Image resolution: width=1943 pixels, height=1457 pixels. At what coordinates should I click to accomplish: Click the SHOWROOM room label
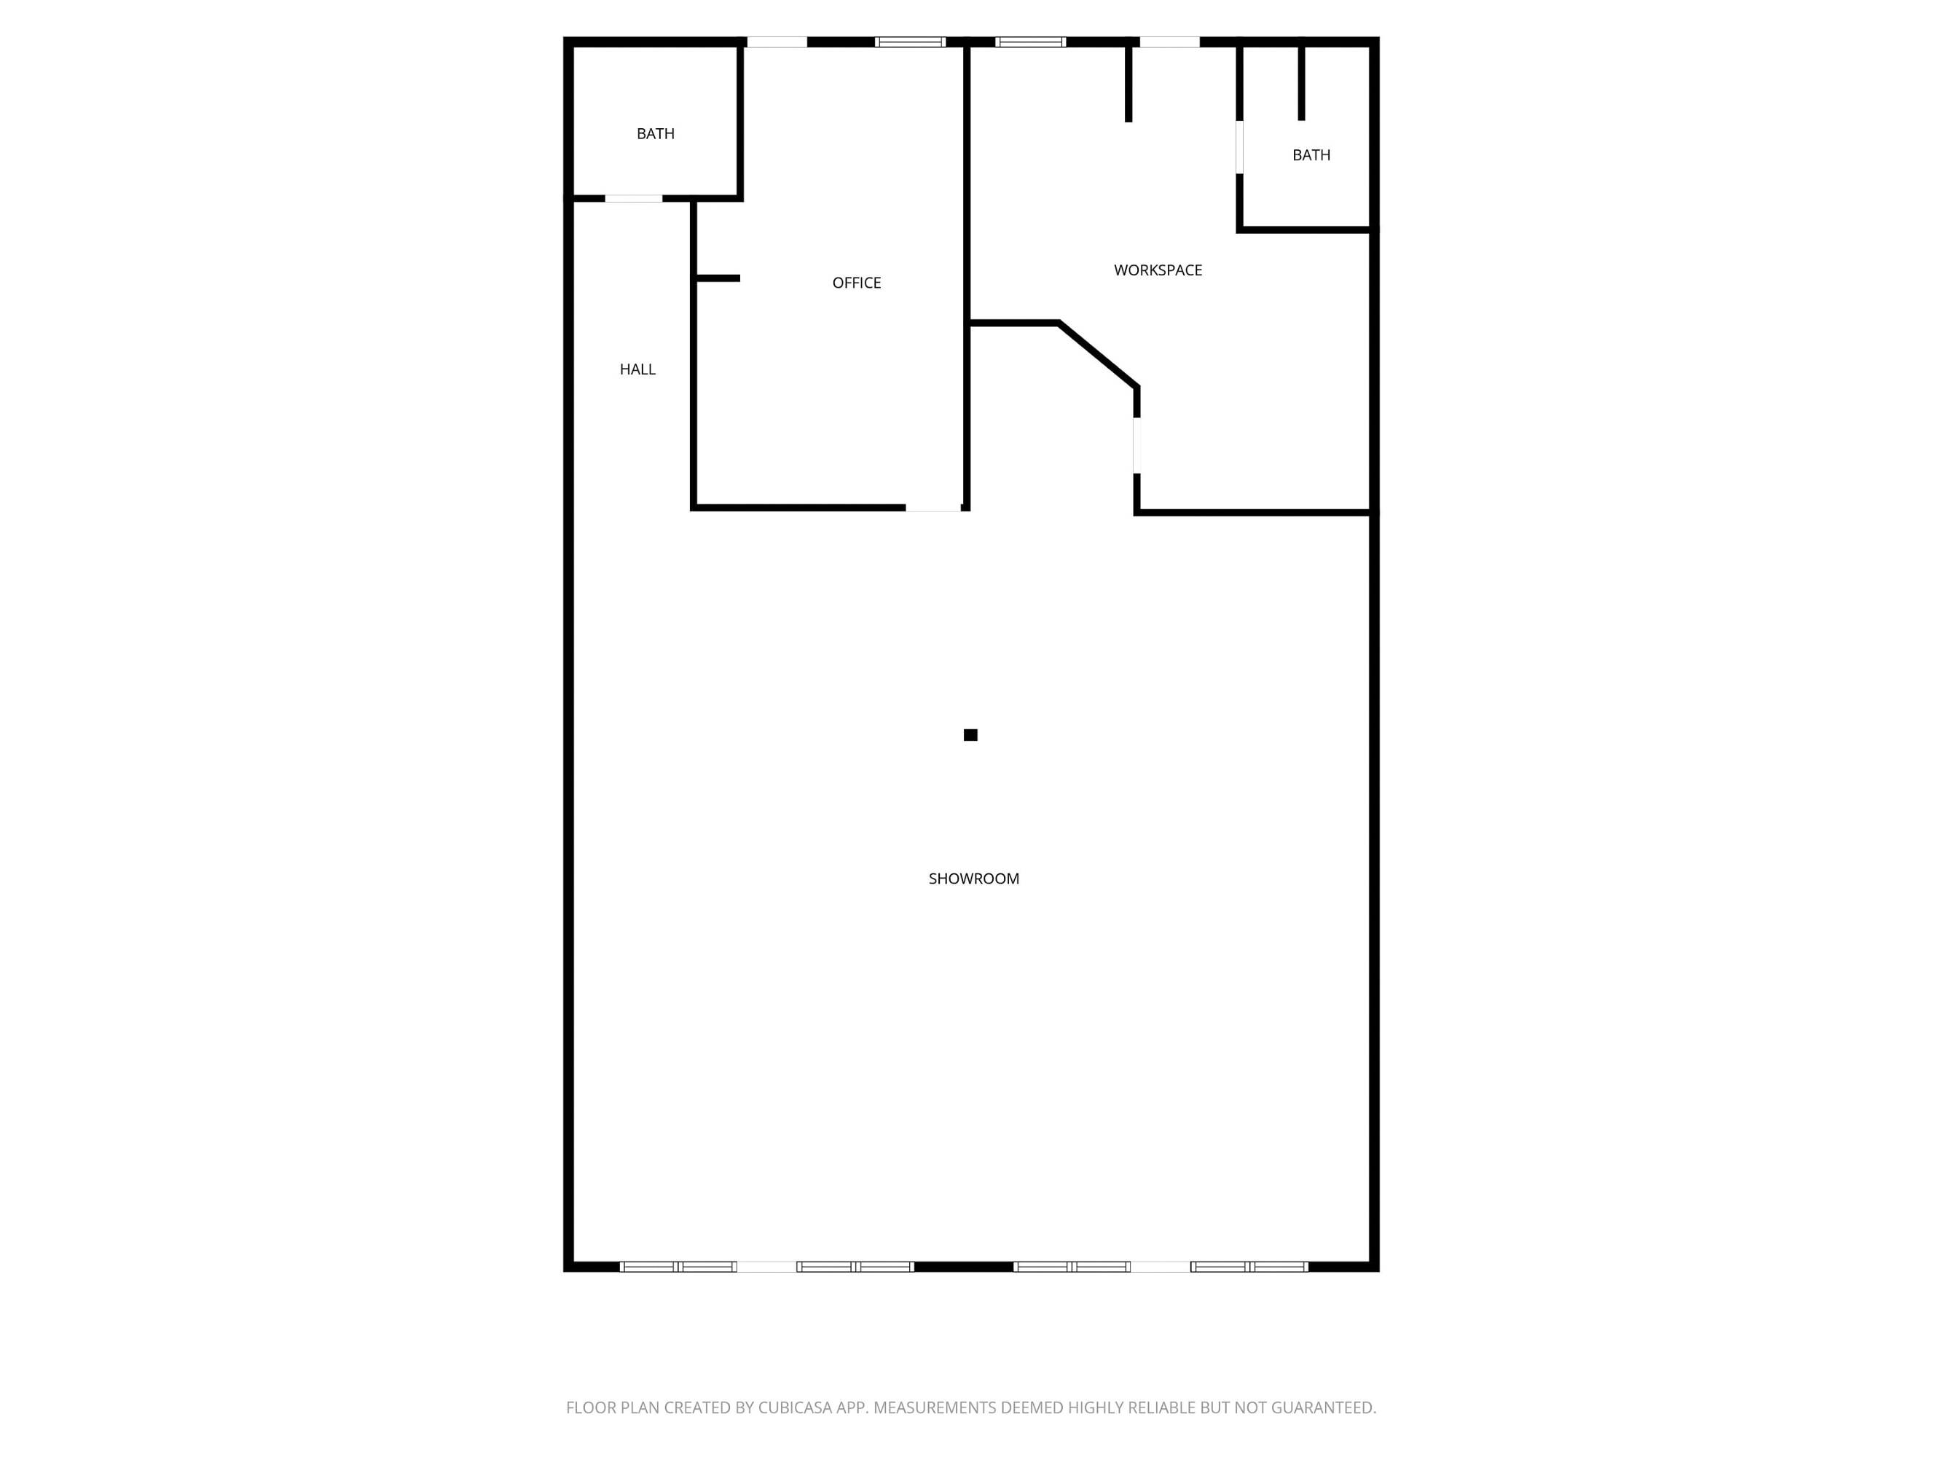973,879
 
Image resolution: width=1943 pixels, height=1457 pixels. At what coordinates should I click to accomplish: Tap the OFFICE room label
857,283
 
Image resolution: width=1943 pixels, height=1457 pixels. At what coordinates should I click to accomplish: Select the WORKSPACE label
1158,270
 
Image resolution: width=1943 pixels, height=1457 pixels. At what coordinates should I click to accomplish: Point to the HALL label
637,370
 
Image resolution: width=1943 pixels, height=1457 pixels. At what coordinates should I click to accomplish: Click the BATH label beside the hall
655,133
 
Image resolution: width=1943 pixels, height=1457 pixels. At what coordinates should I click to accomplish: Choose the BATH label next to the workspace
1311,155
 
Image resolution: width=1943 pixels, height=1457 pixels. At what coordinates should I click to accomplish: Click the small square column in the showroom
970,735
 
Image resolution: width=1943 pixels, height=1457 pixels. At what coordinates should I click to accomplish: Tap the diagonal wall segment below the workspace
1099,355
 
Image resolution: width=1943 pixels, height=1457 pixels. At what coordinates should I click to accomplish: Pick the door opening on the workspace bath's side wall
1239,148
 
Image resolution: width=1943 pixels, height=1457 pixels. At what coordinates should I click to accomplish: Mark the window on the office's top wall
910,42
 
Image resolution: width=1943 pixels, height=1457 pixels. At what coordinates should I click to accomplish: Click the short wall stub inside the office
718,278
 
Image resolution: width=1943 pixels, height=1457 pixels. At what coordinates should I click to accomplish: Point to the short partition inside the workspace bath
1302,84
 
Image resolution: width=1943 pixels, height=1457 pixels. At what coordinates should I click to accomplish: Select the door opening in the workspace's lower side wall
1137,446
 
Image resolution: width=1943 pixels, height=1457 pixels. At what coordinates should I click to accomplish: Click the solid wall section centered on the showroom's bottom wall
964,1266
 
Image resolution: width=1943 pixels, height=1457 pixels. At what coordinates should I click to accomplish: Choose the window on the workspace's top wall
1030,42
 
